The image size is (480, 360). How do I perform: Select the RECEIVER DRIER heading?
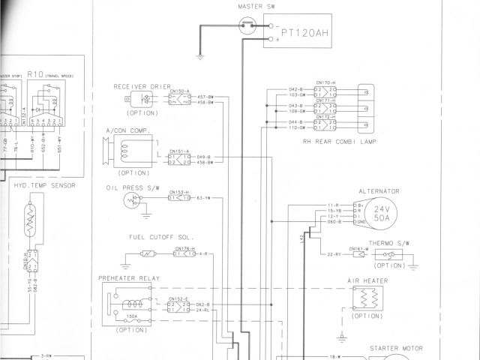pos(142,86)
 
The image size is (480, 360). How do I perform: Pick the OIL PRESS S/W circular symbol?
pos(133,200)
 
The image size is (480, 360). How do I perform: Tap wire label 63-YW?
pos(203,198)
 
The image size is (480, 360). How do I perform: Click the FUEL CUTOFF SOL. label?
pos(156,236)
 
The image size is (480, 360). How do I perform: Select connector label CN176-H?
pos(184,248)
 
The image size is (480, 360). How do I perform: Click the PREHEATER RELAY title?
pos(129,278)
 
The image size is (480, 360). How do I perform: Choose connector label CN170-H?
pos(325,82)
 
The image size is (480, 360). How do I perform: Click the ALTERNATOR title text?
pos(379,191)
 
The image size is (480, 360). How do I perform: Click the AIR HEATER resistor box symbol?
pos(365,299)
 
